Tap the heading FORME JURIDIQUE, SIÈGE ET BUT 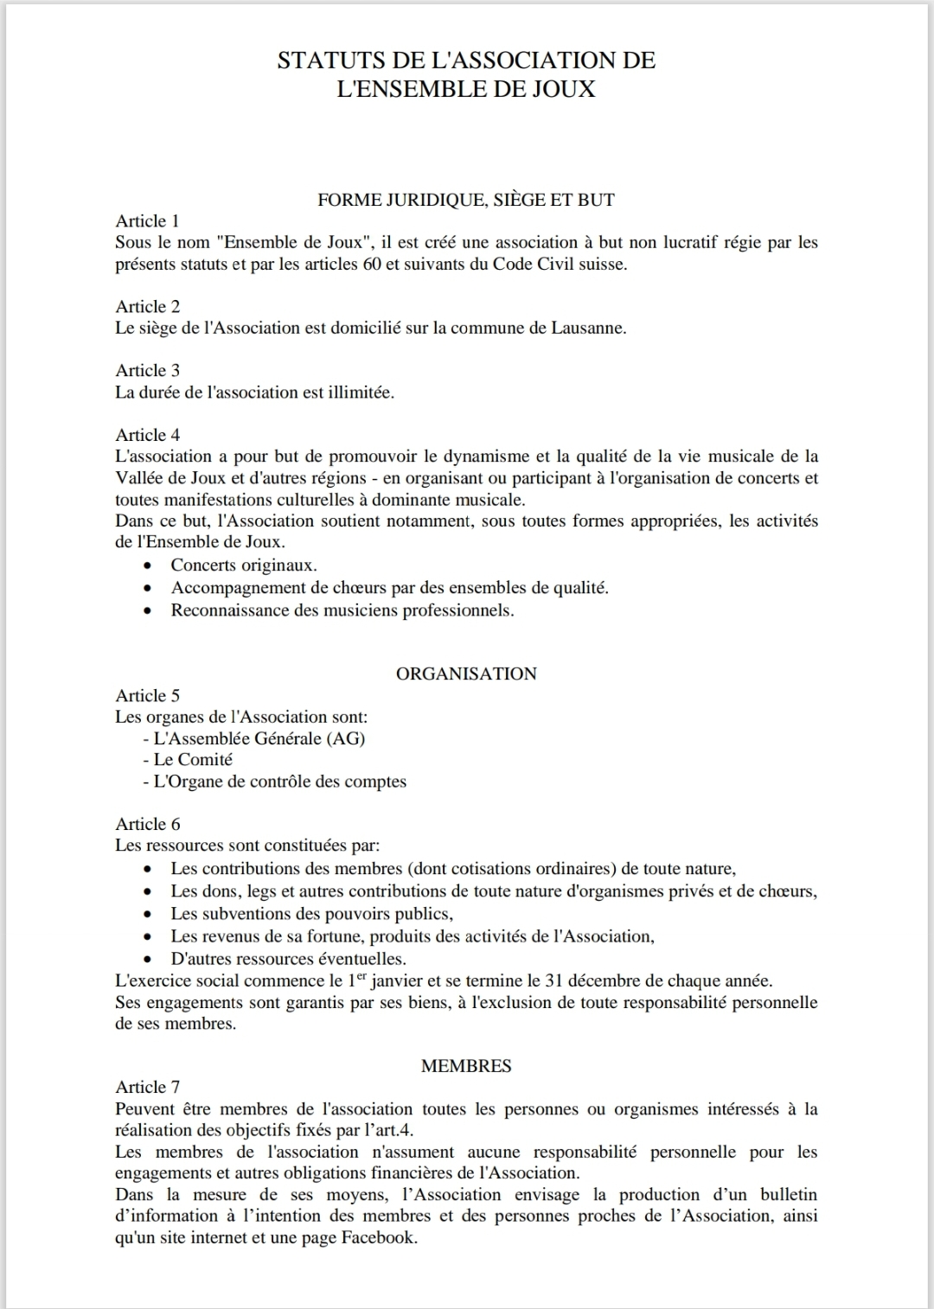click(x=466, y=200)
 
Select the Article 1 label click(x=147, y=221)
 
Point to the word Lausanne click(x=587, y=329)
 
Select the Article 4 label click(x=147, y=435)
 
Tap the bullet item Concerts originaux click(x=244, y=565)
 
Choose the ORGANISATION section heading click(x=466, y=674)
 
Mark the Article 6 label click(x=147, y=824)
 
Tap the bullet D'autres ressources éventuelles click(x=288, y=959)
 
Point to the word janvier click(x=390, y=981)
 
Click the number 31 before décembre click(x=553, y=981)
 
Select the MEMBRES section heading click(x=466, y=1066)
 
